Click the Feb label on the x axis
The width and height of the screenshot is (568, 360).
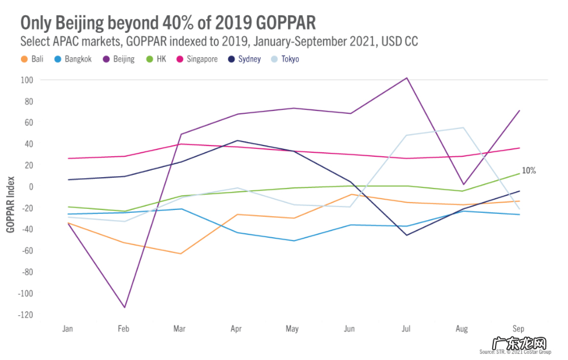(x=124, y=328)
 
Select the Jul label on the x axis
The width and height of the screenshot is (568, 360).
(x=406, y=328)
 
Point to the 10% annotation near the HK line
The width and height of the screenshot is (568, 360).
(x=528, y=170)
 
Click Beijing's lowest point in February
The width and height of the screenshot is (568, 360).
(x=124, y=307)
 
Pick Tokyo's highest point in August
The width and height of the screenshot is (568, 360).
(x=463, y=127)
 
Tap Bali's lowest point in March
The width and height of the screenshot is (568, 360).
(x=180, y=254)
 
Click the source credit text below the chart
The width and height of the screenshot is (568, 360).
(x=515, y=352)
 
